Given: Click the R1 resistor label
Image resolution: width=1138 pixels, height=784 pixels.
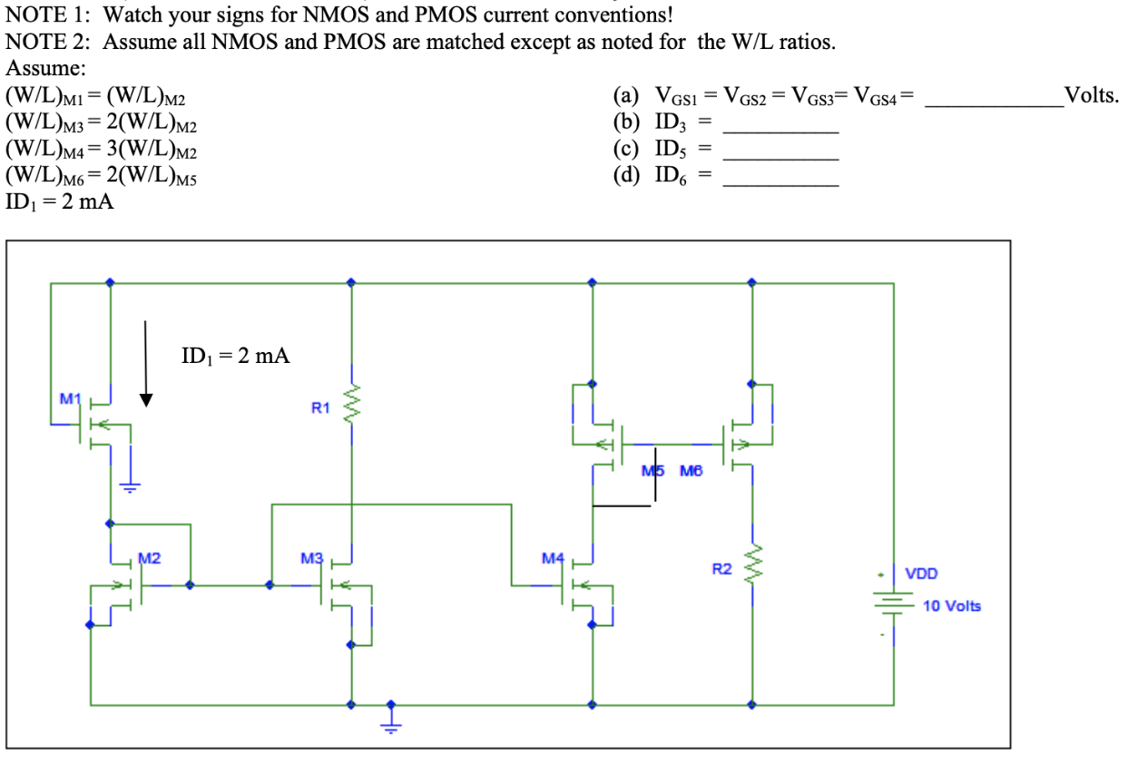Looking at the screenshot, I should [x=320, y=407].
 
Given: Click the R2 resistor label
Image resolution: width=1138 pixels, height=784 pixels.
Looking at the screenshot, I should [x=721, y=570].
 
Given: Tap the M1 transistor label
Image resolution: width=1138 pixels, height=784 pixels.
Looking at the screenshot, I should [x=70, y=398].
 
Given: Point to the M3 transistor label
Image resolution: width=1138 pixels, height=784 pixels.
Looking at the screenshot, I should [x=311, y=558].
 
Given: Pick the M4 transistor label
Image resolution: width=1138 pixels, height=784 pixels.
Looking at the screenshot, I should [x=553, y=557].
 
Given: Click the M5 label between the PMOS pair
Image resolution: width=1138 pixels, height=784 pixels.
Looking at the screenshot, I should [x=652, y=471].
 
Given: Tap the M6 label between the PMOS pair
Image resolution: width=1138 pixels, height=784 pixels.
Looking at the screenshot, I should [x=691, y=471].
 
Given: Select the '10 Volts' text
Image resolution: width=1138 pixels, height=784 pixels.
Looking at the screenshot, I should [x=951, y=605].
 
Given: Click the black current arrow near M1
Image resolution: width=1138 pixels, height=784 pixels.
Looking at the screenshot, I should [x=144, y=363].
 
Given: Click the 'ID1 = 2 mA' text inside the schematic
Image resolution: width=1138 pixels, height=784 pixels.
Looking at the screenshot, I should [x=236, y=356].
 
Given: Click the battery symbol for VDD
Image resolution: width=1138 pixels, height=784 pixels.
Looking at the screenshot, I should [x=894, y=599].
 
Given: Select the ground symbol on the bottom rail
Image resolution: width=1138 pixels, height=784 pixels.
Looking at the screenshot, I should [x=391, y=719].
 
